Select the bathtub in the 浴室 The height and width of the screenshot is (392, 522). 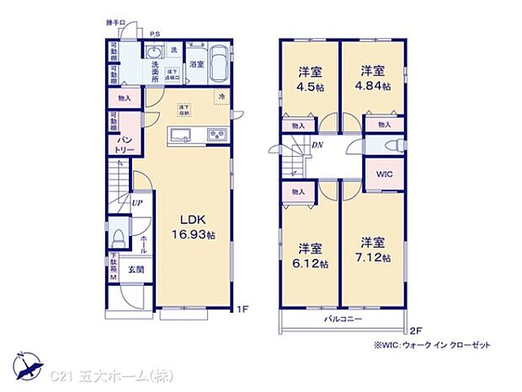coord(216,62)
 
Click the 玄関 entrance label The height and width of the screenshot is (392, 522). coord(136,270)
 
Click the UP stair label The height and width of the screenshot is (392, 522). coord(136,202)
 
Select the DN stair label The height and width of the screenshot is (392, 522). coord(318,146)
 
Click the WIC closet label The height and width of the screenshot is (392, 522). coord(383,175)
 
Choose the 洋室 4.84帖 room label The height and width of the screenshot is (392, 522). coord(373,78)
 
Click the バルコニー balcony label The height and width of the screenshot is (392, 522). coord(343,320)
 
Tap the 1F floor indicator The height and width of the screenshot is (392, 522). coord(242,309)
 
